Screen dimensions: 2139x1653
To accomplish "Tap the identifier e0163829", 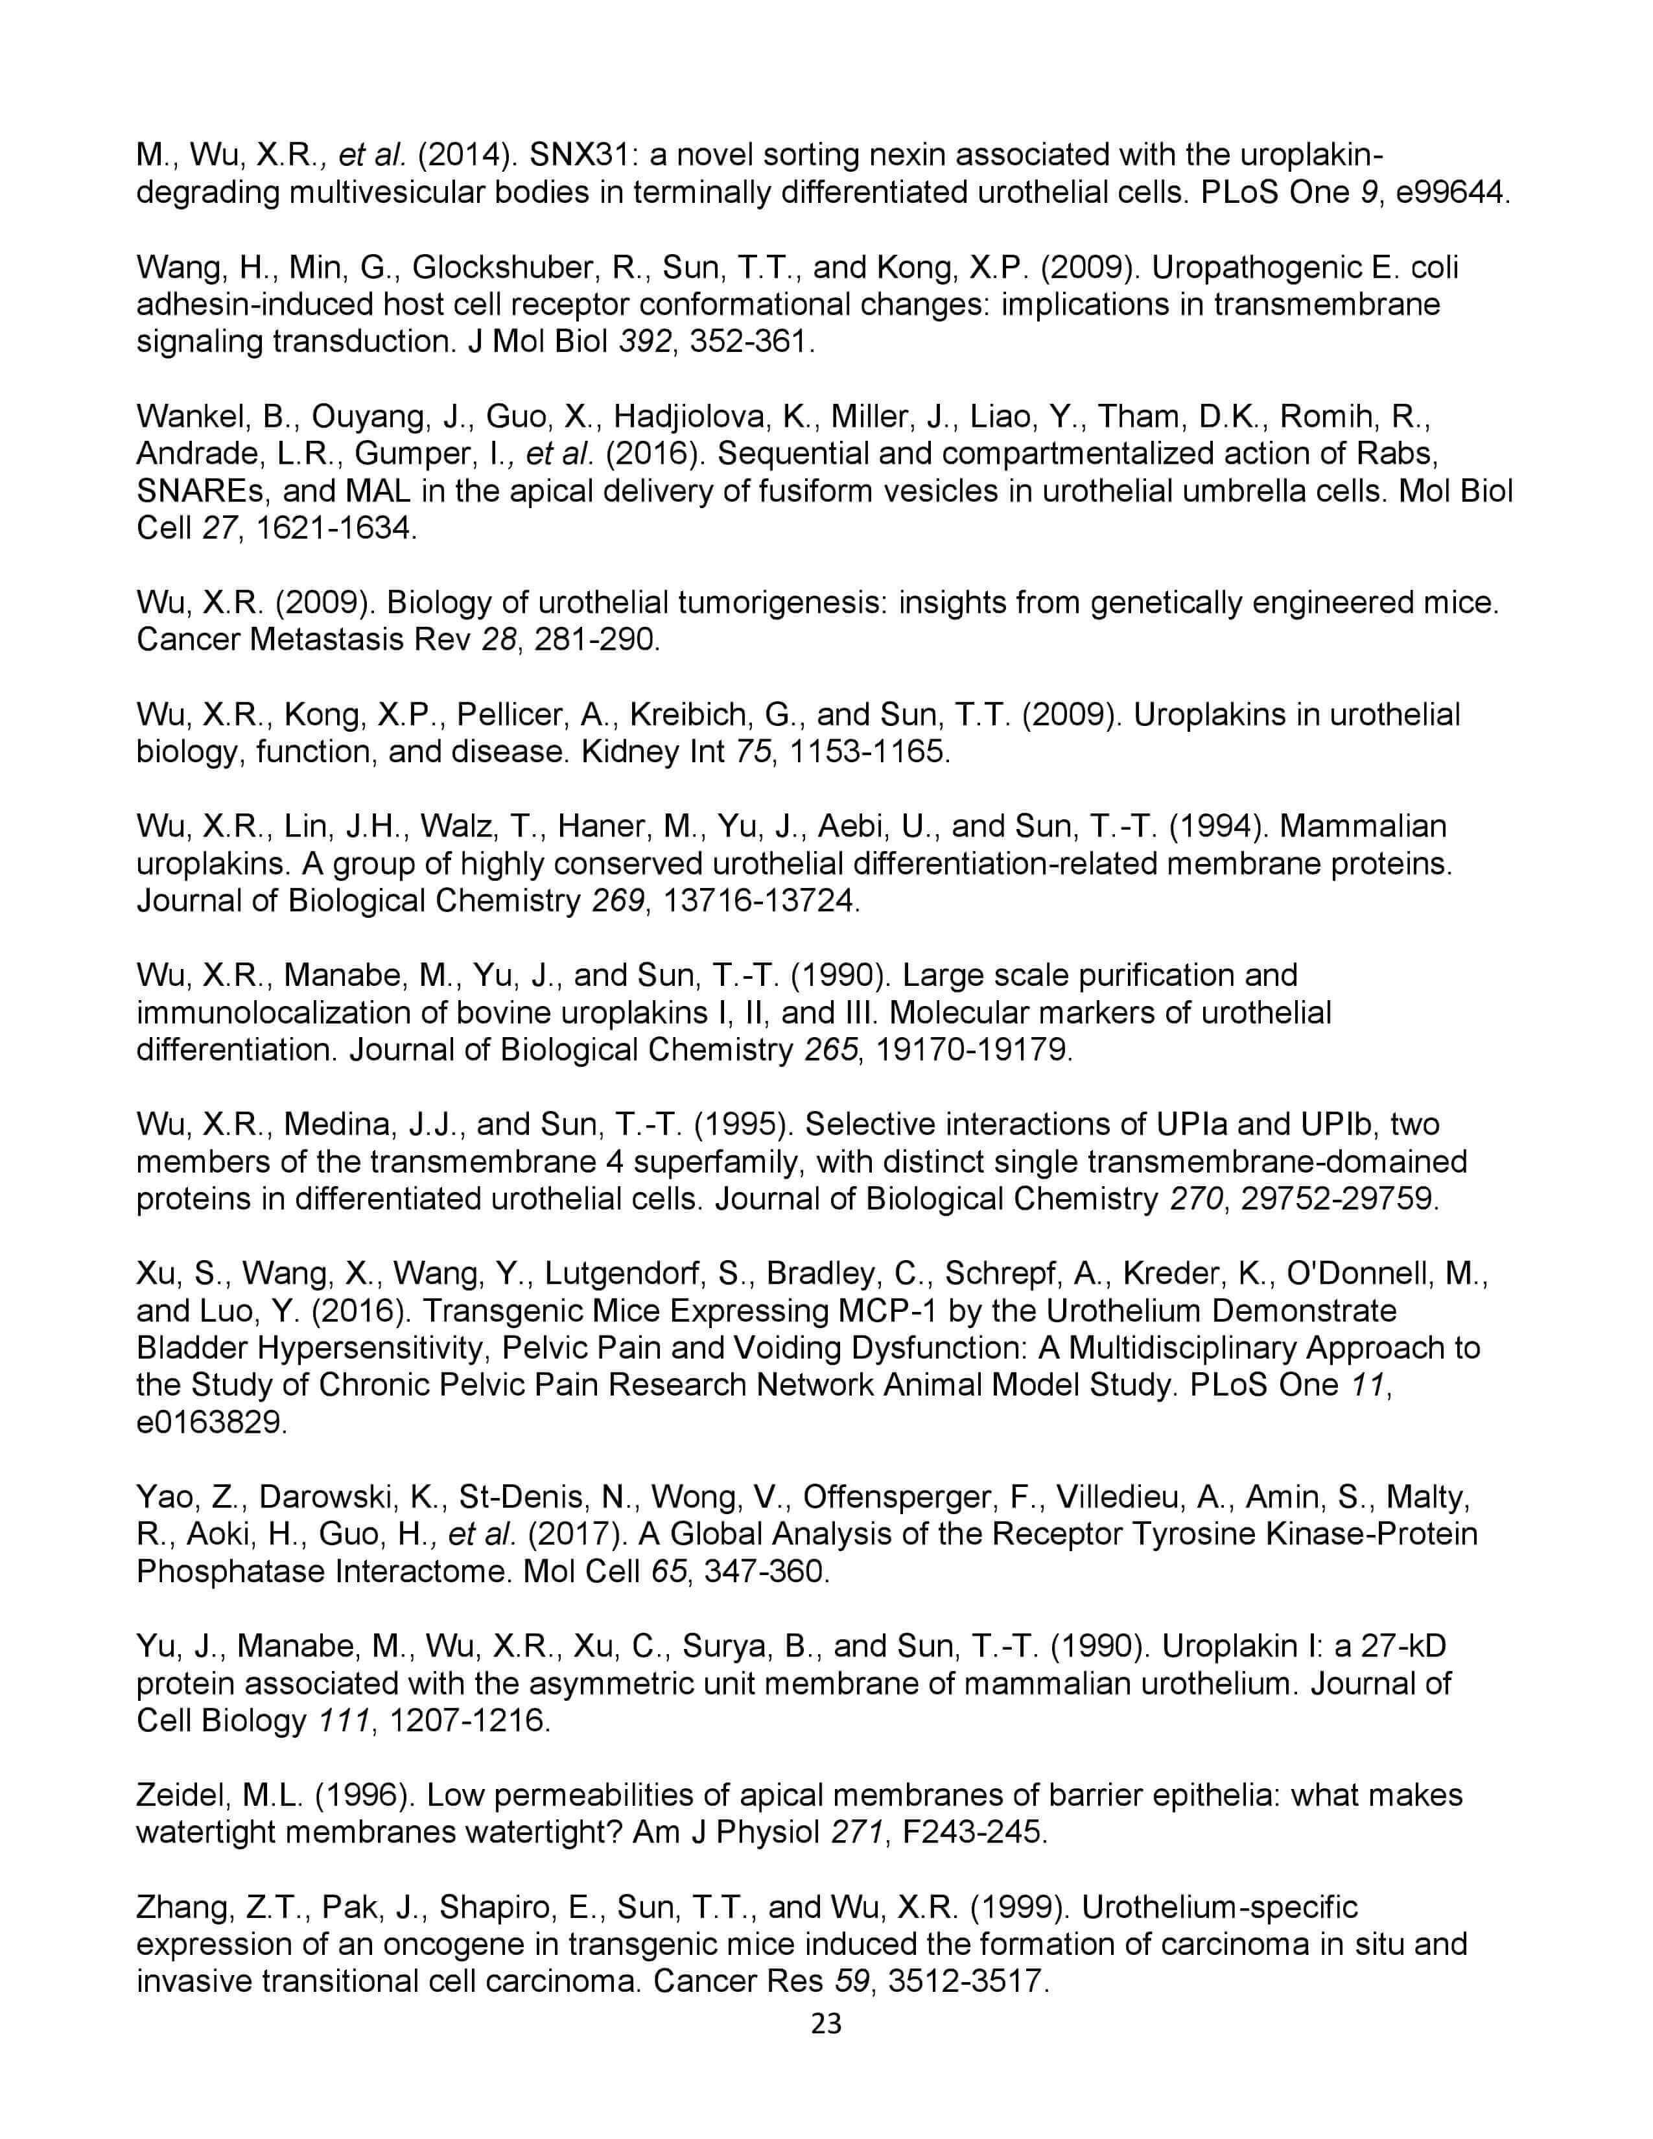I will [x=211, y=1422].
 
